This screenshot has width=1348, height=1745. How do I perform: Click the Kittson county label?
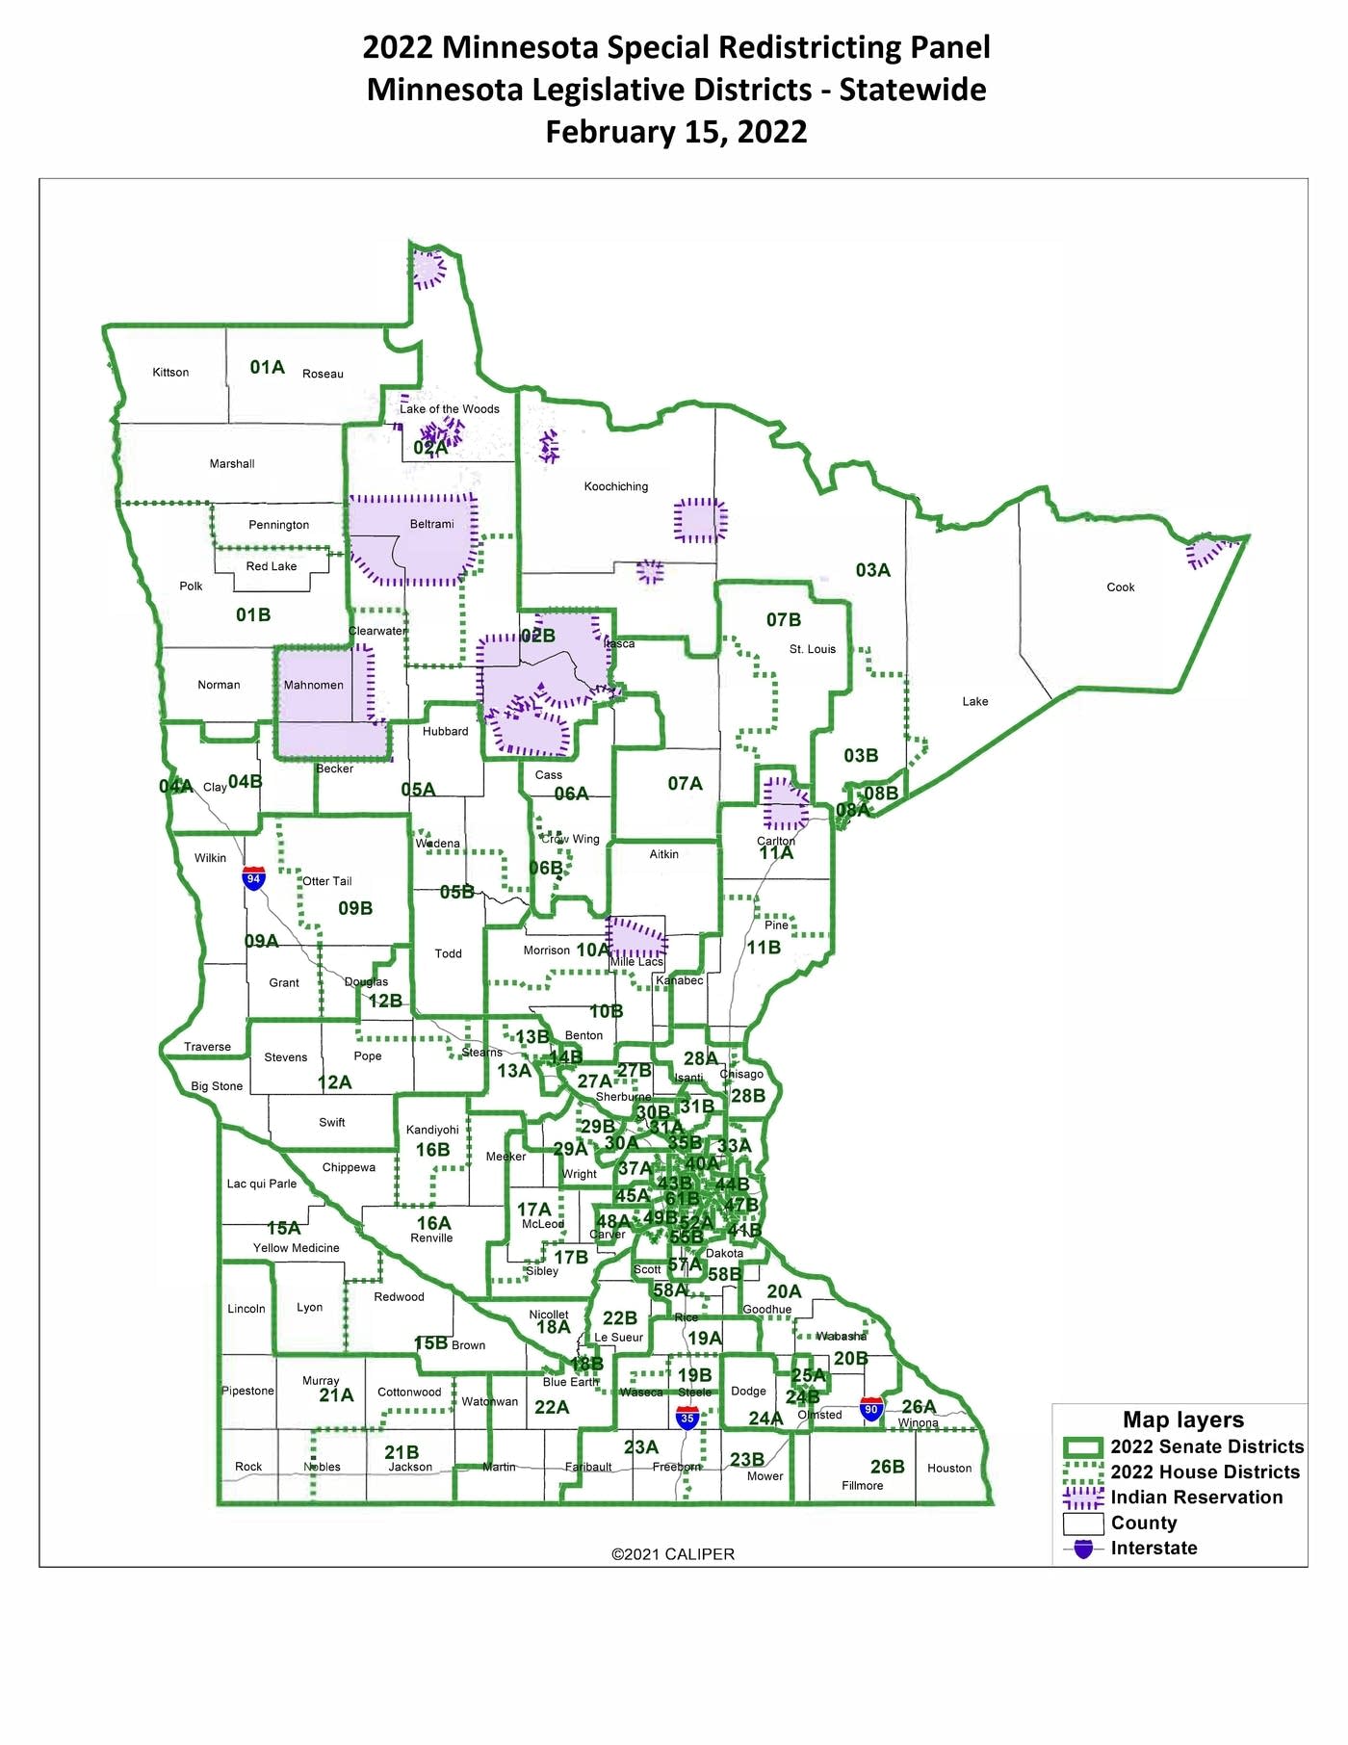[x=170, y=373]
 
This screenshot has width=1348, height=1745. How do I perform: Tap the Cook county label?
[x=1120, y=587]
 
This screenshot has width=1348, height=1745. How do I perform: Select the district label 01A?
[x=267, y=367]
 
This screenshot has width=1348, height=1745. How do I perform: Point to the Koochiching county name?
[x=615, y=486]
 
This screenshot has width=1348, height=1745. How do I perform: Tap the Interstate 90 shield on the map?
[x=871, y=1409]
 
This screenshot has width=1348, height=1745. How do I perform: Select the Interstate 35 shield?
[x=687, y=1418]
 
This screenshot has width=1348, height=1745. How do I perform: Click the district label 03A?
[x=872, y=570]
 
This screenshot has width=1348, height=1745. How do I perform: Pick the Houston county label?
[x=948, y=1469]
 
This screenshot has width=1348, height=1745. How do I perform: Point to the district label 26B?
[x=887, y=1467]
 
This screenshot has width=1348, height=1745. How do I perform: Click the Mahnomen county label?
[x=313, y=686]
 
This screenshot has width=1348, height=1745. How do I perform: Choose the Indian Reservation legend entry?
[x=1196, y=1498]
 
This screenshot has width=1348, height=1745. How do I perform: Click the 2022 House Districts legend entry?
[x=1205, y=1472]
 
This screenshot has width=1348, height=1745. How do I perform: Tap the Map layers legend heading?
[x=1182, y=1420]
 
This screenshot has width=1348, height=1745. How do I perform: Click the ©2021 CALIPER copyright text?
[x=672, y=1554]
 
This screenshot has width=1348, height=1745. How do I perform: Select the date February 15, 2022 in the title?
[x=676, y=132]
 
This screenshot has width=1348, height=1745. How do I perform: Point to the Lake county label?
[x=974, y=702]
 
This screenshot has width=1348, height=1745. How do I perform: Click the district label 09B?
[x=355, y=908]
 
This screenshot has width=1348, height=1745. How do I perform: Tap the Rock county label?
[x=248, y=1467]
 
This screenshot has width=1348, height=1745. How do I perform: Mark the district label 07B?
[x=783, y=620]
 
